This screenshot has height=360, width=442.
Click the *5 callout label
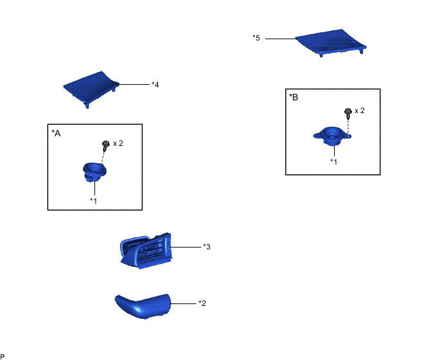(x=256, y=38)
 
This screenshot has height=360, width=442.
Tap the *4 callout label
(x=155, y=85)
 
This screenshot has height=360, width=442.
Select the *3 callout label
(x=207, y=247)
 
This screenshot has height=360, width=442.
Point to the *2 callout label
(x=202, y=303)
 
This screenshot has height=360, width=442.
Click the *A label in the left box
(x=56, y=133)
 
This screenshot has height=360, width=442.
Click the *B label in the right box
(x=294, y=97)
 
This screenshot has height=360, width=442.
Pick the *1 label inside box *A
(x=93, y=201)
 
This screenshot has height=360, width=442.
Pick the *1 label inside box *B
(x=334, y=161)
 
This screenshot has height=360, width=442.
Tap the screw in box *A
(x=106, y=146)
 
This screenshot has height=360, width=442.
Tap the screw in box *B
(x=348, y=113)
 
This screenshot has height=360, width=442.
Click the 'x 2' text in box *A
(x=118, y=143)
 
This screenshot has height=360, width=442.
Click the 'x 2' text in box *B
(x=360, y=111)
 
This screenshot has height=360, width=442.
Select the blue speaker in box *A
(x=94, y=172)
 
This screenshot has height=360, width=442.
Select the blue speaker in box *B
(x=332, y=136)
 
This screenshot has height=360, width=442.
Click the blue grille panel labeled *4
(x=91, y=88)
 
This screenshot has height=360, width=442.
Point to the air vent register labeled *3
(x=146, y=251)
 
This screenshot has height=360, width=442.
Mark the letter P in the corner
(x=3, y=357)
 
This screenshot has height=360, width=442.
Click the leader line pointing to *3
(x=186, y=247)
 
